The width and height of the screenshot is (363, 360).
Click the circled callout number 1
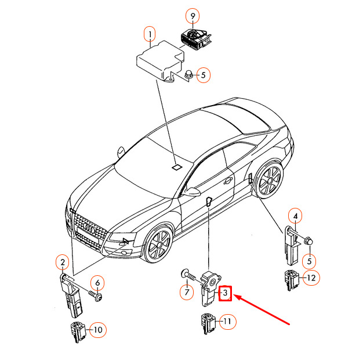(x=150, y=34)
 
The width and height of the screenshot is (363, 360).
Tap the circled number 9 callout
(x=193, y=16)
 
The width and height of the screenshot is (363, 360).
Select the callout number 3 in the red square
(x=225, y=293)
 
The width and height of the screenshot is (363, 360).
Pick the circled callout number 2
(x=63, y=262)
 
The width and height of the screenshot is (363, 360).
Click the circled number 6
(x=97, y=283)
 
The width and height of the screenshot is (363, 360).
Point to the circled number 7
(x=187, y=292)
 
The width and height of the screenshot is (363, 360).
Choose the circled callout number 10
(x=97, y=329)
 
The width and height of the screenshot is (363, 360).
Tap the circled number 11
(x=227, y=321)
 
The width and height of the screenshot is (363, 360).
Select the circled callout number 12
(x=311, y=278)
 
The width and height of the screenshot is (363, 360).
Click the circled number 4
(x=295, y=216)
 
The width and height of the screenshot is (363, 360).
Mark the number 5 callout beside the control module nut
(x=204, y=75)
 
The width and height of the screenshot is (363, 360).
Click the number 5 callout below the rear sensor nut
(x=309, y=261)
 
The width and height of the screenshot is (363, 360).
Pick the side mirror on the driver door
(x=193, y=191)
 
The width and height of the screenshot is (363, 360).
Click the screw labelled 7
(x=188, y=275)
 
